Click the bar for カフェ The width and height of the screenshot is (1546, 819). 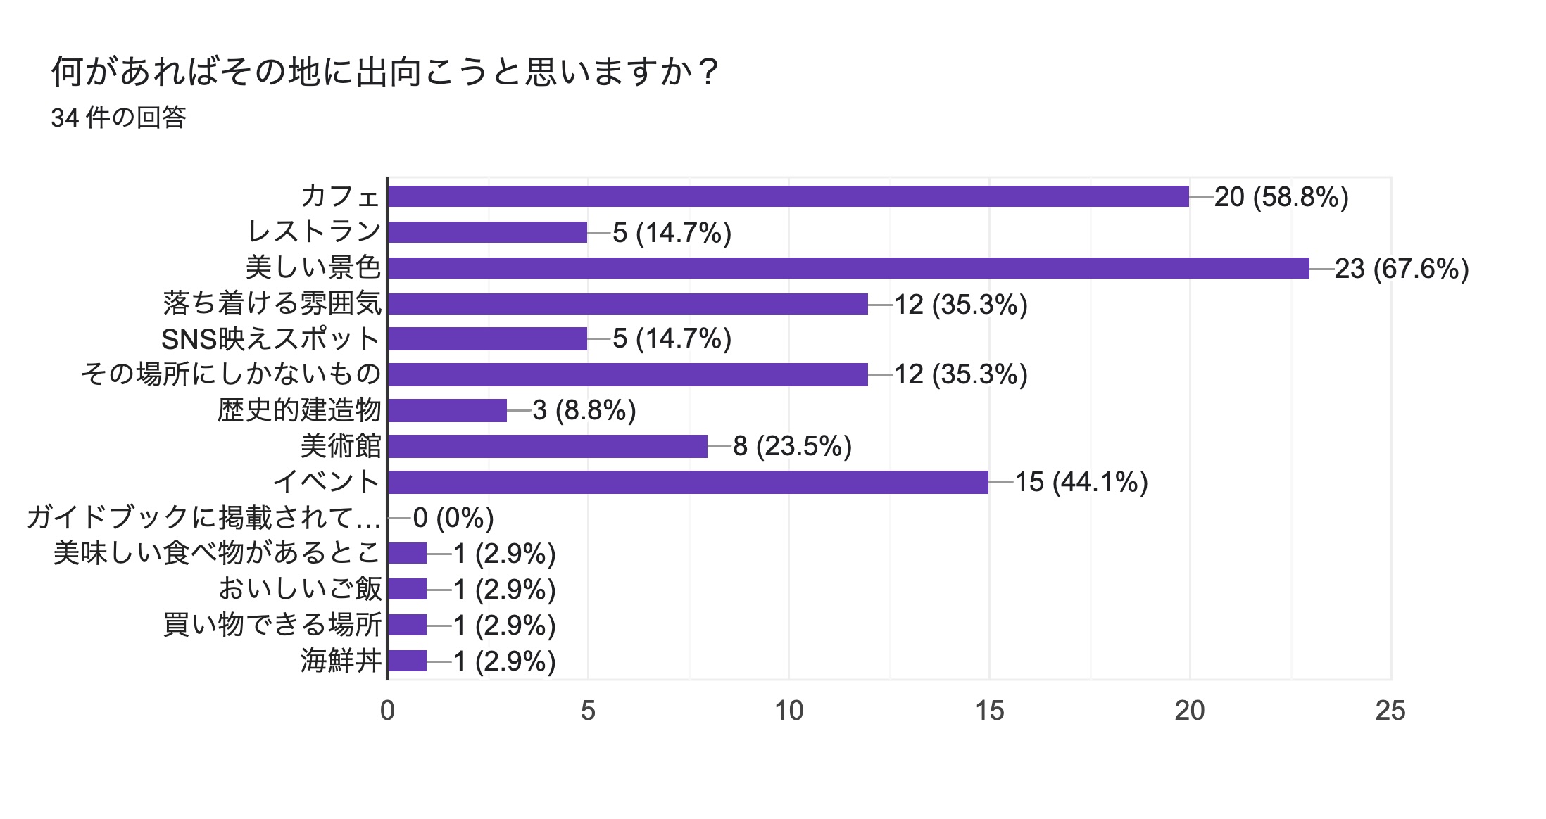788,196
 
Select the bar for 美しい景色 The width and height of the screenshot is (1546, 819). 848,268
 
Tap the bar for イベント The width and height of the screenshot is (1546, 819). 688,482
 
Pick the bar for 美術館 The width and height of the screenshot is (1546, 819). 547,446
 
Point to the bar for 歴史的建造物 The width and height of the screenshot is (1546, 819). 447,410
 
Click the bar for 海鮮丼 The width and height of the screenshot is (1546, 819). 407,661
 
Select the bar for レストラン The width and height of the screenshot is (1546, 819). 487,232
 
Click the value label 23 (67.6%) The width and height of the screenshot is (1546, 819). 1401,269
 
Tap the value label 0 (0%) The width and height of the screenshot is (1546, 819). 453,519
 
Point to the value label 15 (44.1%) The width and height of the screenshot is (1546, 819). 1081,483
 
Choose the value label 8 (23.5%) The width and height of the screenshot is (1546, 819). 792,447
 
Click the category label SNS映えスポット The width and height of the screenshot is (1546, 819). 271,339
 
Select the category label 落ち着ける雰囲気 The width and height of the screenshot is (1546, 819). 272,303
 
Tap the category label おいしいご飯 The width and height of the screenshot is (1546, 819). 301,589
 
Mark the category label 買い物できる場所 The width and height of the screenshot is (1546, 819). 272,625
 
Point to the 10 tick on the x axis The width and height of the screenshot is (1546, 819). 788,711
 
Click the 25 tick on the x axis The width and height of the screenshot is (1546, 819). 1390,711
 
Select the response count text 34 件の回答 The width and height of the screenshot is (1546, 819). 118,118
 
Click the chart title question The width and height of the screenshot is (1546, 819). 385,72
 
